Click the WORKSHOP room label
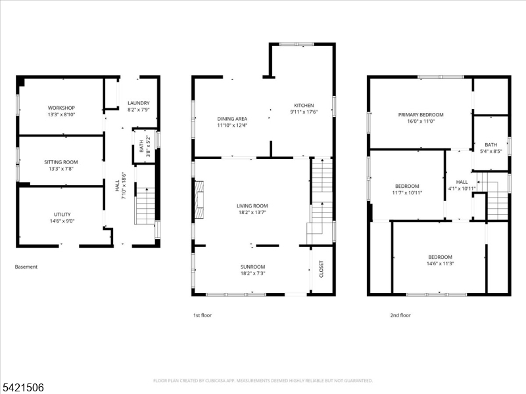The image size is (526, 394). pyautogui.click(x=61, y=108)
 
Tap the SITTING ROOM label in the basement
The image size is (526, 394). pyautogui.click(x=61, y=162)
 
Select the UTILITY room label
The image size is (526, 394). pyautogui.click(x=62, y=215)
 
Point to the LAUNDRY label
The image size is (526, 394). pyautogui.click(x=139, y=103)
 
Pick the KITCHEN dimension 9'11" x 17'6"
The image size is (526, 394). pyautogui.click(x=304, y=112)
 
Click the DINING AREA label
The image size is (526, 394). pyautogui.click(x=232, y=119)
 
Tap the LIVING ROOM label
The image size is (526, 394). pyautogui.click(x=252, y=206)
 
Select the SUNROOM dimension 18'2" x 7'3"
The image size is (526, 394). pyautogui.click(x=253, y=273)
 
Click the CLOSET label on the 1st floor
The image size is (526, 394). pyautogui.click(x=322, y=269)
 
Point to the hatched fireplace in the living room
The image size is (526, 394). pyautogui.click(x=199, y=200)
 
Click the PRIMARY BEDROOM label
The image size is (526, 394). pyautogui.click(x=421, y=114)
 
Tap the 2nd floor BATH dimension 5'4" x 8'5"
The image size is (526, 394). pyautogui.click(x=491, y=151)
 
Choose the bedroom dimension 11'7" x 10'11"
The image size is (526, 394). pyautogui.click(x=407, y=192)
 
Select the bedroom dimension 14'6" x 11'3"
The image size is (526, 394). pyautogui.click(x=441, y=264)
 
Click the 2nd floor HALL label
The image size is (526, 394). pyautogui.click(x=462, y=182)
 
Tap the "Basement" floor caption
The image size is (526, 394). pyautogui.click(x=26, y=267)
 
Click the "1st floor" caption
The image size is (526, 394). pyautogui.click(x=203, y=315)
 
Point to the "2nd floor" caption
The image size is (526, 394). pyautogui.click(x=400, y=315)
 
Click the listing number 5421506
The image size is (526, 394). pyautogui.click(x=22, y=387)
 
